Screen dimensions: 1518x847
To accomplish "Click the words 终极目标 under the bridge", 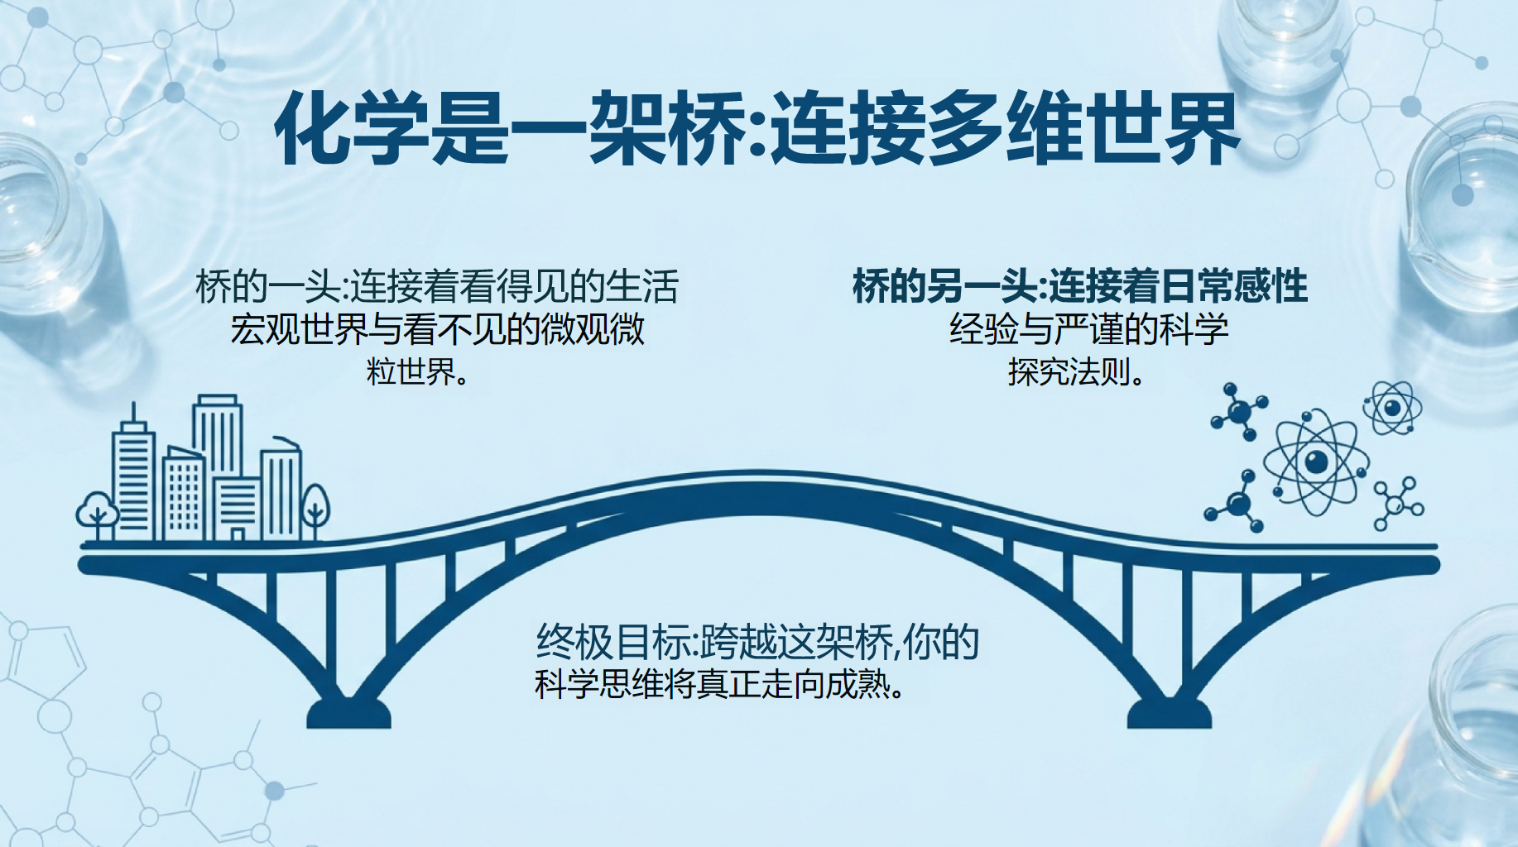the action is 612,643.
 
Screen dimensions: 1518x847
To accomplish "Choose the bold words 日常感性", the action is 1234,287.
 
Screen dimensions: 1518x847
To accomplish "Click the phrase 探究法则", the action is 1069,372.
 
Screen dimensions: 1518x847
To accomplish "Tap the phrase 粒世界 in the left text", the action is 411,372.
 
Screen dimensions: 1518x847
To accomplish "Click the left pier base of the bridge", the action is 348,713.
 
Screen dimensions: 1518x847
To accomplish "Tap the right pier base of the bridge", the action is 1169,713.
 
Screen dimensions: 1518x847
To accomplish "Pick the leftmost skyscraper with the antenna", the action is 134,476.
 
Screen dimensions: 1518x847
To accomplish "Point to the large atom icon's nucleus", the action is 1316,462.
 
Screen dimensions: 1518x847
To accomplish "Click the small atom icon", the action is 1392,408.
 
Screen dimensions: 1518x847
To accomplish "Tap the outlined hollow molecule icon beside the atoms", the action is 1398,503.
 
